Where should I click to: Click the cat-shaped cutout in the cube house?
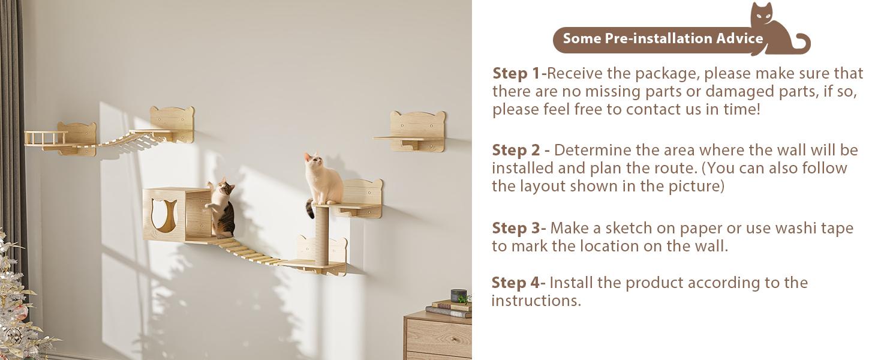pyautogui.click(x=164, y=215)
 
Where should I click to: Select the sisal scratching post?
pyautogui.click(x=322, y=236)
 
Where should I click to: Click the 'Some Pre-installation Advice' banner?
pyautogui.click(x=663, y=39)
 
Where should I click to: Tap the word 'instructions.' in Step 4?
pyautogui.click(x=536, y=301)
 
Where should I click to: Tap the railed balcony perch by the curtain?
pyautogui.click(x=47, y=139)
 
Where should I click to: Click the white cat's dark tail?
pyautogui.click(x=310, y=208)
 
